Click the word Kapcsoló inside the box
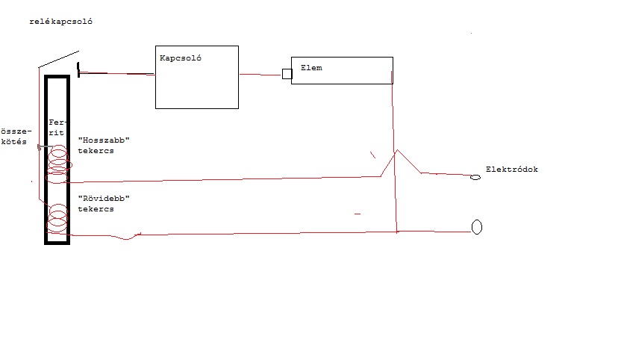click(181, 58)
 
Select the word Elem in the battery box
click(310, 68)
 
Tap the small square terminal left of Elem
click(287, 74)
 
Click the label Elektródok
click(511, 170)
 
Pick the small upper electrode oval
click(474, 178)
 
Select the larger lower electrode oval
click(476, 226)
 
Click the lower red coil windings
click(57, 222)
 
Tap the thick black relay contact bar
click(78, 69)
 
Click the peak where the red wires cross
click(396, 151)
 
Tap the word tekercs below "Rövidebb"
click(96, 209)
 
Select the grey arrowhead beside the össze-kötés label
click(39, 147)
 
